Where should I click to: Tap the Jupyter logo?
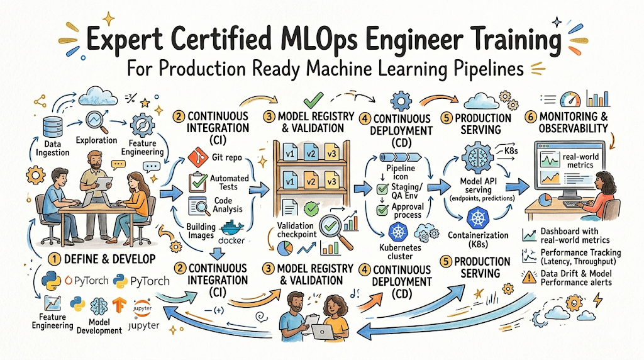(x=145, y=310)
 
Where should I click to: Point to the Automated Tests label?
(x=229, y=183)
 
